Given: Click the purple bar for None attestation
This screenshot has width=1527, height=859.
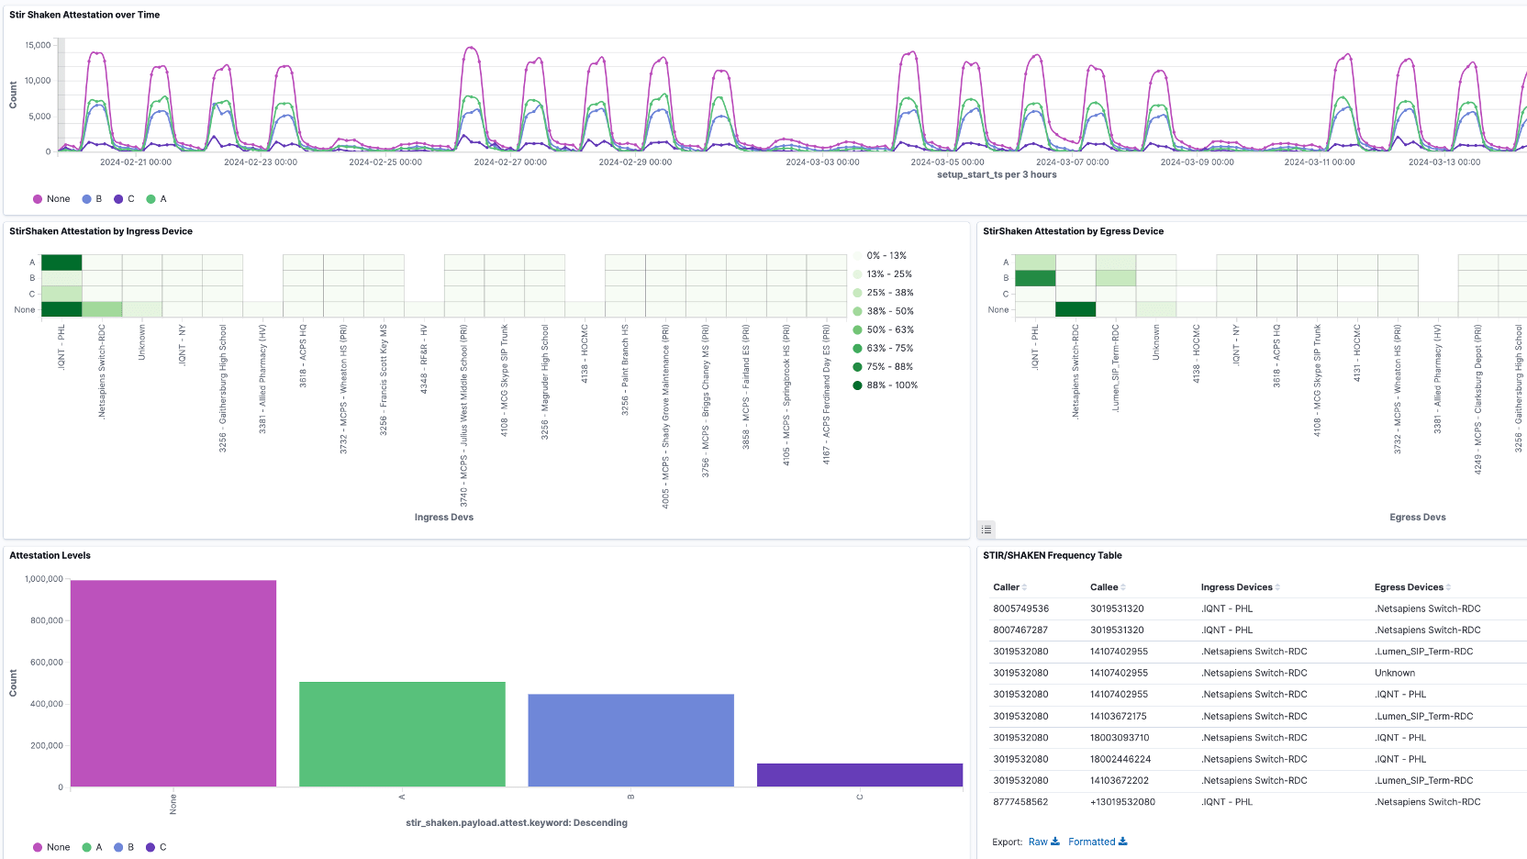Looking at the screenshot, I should (173, 684).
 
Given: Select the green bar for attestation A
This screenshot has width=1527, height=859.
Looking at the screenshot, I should (402, 734).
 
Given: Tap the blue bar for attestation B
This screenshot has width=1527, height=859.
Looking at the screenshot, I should (630, 740).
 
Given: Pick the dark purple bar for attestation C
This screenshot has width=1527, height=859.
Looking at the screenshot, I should (859, 775).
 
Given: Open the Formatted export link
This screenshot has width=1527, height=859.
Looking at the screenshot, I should (1097, 842).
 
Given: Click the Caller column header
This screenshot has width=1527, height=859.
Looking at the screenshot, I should (1007, 587).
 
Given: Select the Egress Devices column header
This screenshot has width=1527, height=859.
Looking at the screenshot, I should (1409, 587).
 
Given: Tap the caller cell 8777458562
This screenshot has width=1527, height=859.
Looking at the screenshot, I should (1020, 802).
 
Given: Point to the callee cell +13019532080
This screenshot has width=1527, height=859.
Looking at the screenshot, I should (1122, 802).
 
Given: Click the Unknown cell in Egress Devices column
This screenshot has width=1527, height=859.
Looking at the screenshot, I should (1394, 673).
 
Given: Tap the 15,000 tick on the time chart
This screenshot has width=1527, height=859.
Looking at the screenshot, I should (38, 45).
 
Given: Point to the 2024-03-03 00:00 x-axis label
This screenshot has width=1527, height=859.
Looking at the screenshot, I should (822, 162).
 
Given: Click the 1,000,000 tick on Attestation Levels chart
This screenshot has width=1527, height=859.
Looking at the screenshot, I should (44, 579).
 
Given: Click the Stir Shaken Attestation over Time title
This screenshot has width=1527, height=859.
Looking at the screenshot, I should (84, 15).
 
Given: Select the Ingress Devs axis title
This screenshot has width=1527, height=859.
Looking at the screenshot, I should (443, 518).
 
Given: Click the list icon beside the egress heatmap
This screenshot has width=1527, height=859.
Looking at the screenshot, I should (986, 530).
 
